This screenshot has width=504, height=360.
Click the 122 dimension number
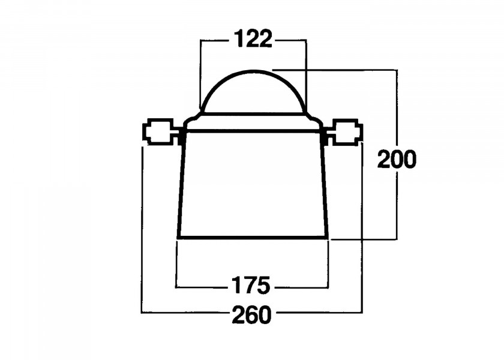[x=253, y=40]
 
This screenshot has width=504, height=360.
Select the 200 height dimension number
[x=396, y=160]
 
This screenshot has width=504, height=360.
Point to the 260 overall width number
[x=252, y=313]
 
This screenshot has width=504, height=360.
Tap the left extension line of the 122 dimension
[x=200, y=72]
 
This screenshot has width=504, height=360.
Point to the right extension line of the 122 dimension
[x=306, y=72]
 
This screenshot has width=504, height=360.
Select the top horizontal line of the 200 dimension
[x=336, y=70]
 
